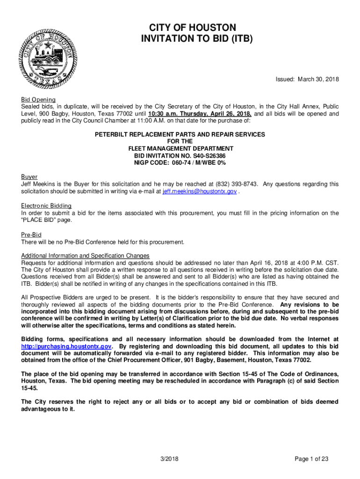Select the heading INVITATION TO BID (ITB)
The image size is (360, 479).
(196, 39)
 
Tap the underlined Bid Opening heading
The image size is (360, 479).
(38, 100)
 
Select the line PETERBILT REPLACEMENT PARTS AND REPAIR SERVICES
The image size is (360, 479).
(180, 134)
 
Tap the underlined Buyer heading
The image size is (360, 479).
(29, 177)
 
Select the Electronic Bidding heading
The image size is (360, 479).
(46, 206)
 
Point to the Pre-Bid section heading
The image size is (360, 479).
(31, 234)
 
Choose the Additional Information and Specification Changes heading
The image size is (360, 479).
(85, 255)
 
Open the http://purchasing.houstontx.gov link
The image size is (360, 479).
(66, 347)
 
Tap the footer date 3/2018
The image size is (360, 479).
(169, 459)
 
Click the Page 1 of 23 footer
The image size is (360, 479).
(311, 459)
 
